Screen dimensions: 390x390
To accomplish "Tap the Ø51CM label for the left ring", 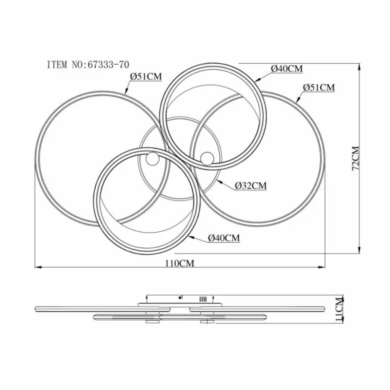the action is click(x=146, y=76).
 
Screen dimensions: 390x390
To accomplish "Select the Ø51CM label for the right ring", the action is click(x=319, y=88).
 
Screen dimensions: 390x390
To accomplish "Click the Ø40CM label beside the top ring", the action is click(x=287, y=69).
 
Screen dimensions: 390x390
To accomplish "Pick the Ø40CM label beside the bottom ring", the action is click(x=224, y=238).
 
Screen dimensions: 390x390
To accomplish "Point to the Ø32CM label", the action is click(x=251, y=185).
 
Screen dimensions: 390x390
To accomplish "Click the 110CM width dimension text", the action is click(x=180, y=263).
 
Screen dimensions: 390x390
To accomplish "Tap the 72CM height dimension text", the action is click(x=356, y=159).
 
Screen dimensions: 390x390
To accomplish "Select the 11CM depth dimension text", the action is click(x=339, y=309).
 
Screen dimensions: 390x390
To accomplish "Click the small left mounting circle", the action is click(x=152, y=159).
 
